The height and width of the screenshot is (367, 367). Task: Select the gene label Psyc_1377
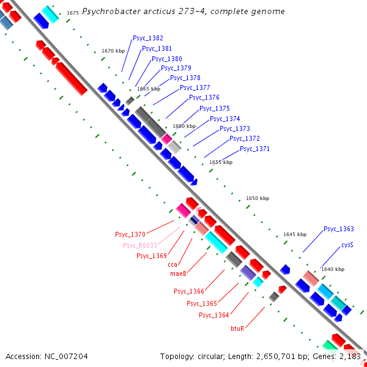coord(195,87)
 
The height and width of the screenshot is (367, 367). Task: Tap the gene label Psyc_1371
coord(254,149)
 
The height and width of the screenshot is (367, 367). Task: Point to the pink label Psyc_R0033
coord(140,245)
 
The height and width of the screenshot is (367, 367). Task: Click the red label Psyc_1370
coord(130,234)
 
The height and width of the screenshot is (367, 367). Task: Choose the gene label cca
coord(172,264)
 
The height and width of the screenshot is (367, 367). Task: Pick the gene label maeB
coord(178,274)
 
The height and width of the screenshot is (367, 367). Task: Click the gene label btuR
coord(237,328)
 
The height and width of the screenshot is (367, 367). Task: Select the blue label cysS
coord(347,245)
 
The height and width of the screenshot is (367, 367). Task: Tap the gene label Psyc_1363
coord(339,229)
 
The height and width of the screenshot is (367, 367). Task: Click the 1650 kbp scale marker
coord(258,198)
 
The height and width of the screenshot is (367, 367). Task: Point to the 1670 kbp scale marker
coord(113,51)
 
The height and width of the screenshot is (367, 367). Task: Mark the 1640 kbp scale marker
coord(333,269)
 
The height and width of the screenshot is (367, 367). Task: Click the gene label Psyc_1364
coord(214,315)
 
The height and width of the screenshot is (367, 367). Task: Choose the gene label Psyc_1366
coord(189,291)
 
